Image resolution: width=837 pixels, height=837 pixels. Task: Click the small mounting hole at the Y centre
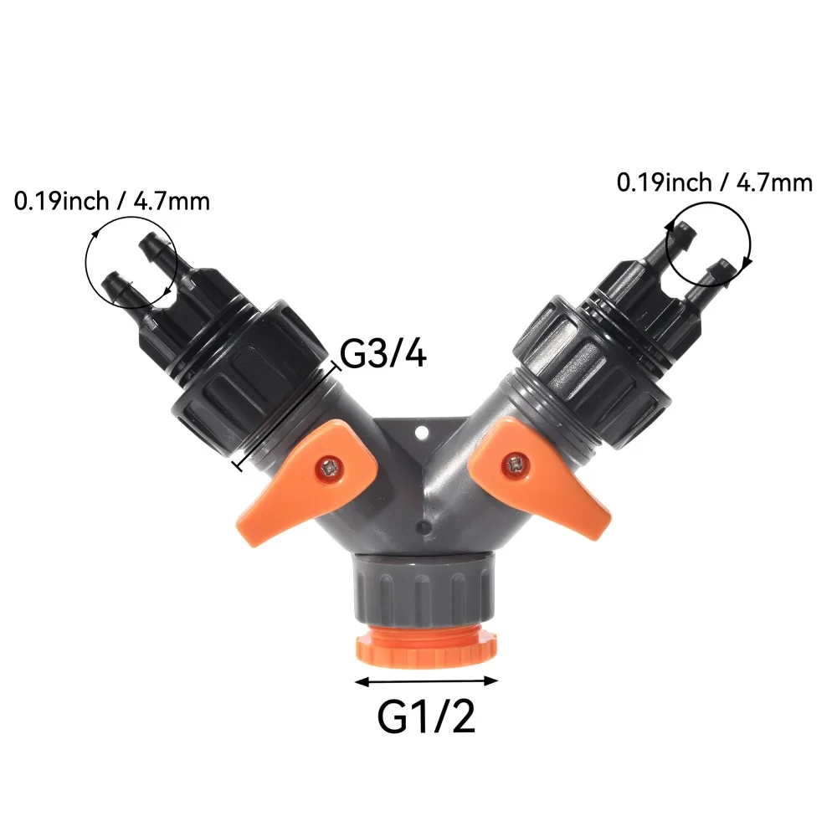tap(422, 432)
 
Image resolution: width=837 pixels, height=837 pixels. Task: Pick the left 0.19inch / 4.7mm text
tap(111, 202)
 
